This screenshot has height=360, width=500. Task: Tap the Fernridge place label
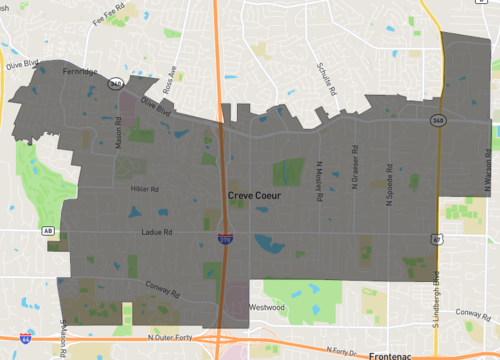pyautogui.click(x=79, y=72)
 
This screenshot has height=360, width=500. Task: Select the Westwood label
pyautogui.click(x=267, y=307)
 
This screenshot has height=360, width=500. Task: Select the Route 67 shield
pyautogui.click(x=437, y=239)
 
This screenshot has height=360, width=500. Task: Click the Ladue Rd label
pyautogui.click(x=159, y=233)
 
